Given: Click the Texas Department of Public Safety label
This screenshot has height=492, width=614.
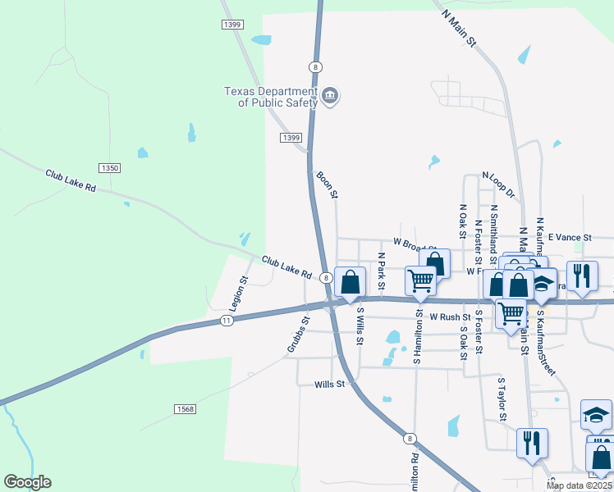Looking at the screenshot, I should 272,97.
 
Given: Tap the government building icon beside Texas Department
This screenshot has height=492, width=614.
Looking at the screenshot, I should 329,97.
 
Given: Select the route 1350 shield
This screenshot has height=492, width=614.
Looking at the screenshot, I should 109,168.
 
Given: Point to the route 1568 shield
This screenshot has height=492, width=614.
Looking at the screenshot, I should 185,408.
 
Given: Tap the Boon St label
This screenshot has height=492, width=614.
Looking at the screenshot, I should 327,184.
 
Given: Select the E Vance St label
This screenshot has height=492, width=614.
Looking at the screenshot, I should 570,237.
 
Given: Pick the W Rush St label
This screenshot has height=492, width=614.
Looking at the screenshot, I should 451,317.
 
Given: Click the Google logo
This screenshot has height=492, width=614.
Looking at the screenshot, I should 27,482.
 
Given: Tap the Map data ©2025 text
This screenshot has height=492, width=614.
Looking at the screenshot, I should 579,485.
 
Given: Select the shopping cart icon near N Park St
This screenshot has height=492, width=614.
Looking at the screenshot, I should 421,280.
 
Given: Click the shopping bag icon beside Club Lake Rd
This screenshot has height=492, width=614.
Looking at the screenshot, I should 351,281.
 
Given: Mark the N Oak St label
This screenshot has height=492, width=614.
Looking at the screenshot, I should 463,220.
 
